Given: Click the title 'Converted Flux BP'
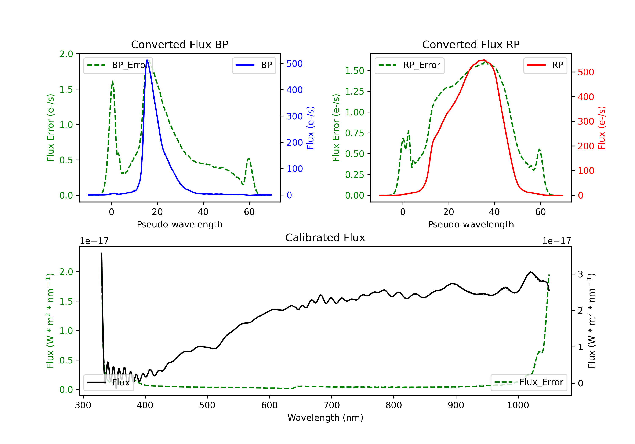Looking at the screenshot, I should pos(179,44).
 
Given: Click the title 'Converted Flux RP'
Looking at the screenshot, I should pos(471,44).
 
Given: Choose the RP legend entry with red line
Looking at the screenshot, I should pos(545,65).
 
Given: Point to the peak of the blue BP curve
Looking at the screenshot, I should pos(147,60).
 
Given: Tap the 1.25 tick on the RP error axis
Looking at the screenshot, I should pos(354,92).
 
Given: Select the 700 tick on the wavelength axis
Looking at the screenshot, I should pos(332,405).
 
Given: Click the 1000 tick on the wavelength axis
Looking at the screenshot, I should pos(518,405).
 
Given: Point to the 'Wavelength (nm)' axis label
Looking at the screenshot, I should pos(325,418).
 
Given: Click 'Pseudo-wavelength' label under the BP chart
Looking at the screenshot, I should pos(179,224).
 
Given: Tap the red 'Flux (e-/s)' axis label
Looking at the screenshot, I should pos(602,128).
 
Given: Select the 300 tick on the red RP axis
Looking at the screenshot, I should pos(586,122).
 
